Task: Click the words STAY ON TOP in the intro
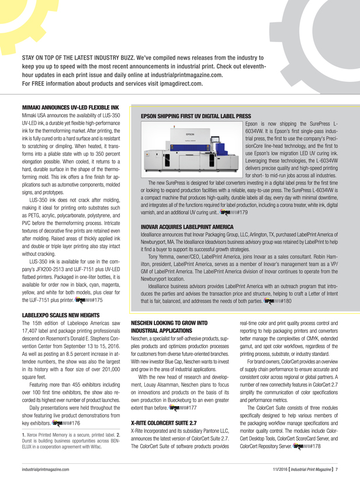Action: click(x=48, y=59)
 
